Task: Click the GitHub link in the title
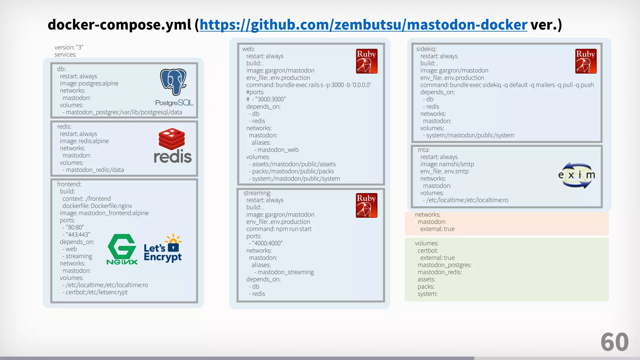tap(363, 25)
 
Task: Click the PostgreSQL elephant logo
tap(173, 82)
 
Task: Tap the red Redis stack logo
tap(172, 139)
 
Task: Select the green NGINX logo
tap(122, 249)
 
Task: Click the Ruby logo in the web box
tap(367, 61)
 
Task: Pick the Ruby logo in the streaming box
tap(367, 205)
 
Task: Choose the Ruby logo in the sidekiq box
tap(586, 61)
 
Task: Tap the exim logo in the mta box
tap(577, 175)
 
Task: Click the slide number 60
tap(614, 342)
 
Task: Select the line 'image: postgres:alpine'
tap(89, 83)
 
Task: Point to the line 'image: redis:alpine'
tap(84, 141)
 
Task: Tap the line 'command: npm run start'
tap(279, 229)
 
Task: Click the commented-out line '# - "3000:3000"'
tap(266, 99)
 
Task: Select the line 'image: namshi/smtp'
tap(447, 164)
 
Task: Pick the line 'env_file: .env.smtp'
tap(444, 172)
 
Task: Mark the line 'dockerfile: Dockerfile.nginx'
tap(97, 206)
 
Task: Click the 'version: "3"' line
tap(69, 47)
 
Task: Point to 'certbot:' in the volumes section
tap(428, 251)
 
